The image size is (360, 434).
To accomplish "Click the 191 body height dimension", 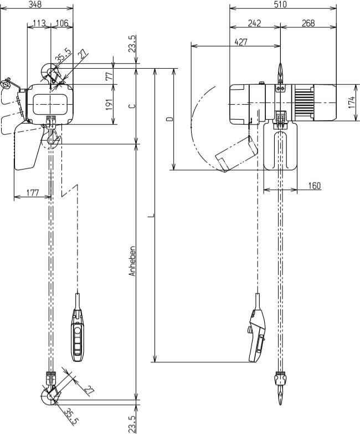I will click(109, 104).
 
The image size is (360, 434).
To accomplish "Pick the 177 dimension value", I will click(33, 193).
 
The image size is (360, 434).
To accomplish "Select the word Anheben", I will click(132, 261).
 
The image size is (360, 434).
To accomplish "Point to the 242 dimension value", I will click(254, 23).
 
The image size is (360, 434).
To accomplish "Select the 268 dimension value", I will click(308, 23).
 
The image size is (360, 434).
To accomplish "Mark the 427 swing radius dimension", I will click(241, 42).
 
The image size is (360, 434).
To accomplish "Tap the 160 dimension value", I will click(314, 186).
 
